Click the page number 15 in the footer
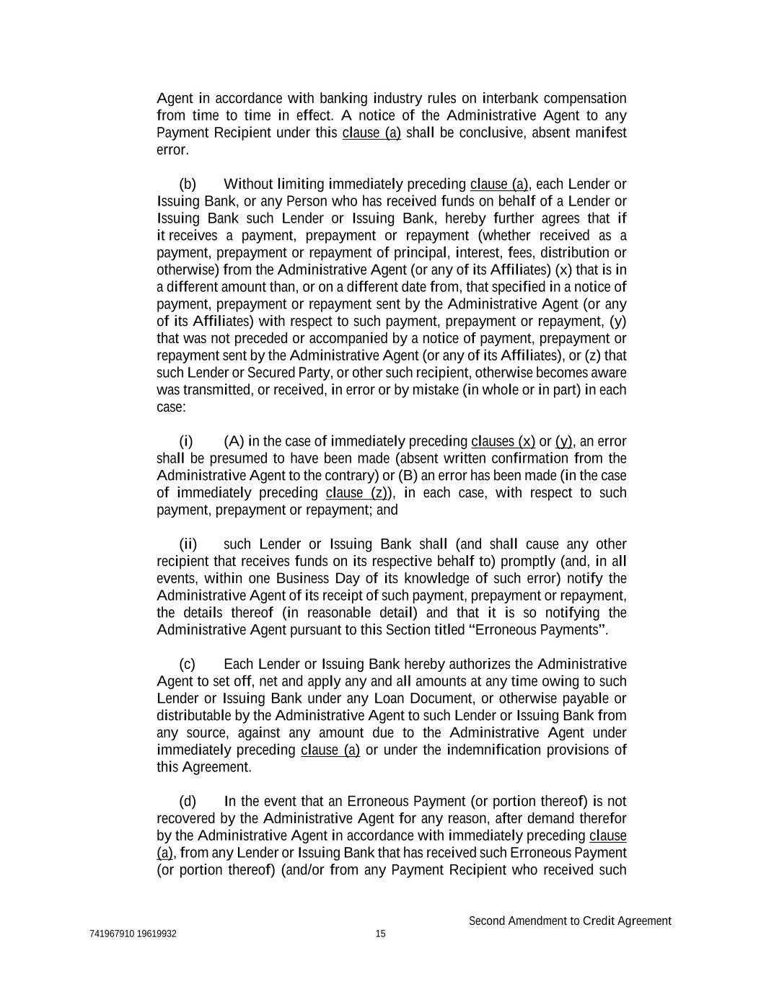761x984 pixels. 380,934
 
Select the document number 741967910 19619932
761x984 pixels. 133,934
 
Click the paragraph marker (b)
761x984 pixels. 188,185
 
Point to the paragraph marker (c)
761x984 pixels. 187,664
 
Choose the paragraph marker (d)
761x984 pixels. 188,802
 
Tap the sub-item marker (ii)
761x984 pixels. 188,544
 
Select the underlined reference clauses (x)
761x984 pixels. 503,441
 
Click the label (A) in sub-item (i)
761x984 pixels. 234,441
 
